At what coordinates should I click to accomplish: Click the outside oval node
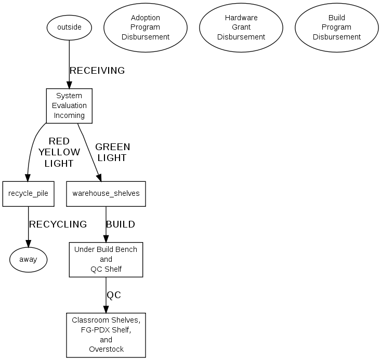coord(69,27)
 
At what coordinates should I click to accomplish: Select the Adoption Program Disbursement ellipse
coord(146,27)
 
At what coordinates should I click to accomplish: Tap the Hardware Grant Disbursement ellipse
coord(241,27)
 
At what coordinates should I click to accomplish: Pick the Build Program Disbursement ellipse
coord(337,27)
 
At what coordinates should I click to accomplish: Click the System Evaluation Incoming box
coord(69,105)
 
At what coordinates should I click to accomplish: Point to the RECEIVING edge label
coord(97,71)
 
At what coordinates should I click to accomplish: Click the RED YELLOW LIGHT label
coord(59,152)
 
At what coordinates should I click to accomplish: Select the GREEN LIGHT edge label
coord(112,152)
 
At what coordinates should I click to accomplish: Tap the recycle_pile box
coord(28,194)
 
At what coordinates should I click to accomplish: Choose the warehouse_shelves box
coord(106,194)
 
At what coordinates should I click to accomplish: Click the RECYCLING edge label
coord(58,224)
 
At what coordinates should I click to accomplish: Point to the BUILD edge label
coord(121,224)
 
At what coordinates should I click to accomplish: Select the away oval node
coord(28,259)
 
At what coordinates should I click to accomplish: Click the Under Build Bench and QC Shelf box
coord(106,259)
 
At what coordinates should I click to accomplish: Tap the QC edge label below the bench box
coord(114,295)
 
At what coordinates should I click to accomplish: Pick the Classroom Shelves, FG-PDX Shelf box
coord(106,335)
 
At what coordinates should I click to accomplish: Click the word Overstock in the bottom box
coord(106,349)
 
